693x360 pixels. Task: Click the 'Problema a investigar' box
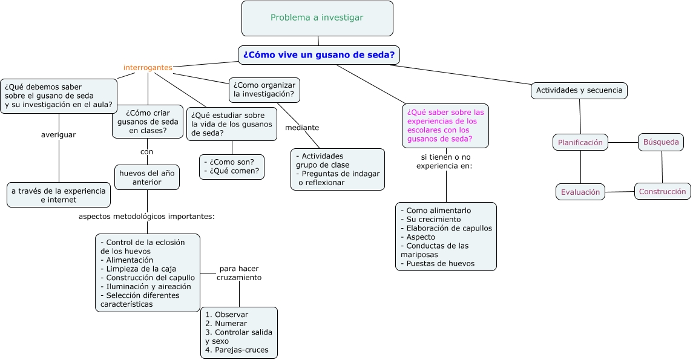tap(317, 18)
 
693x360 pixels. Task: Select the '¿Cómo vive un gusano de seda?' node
tap(319, 54)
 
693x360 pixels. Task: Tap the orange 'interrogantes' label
tap(148, 67)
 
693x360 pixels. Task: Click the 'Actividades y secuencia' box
tap(579, 91)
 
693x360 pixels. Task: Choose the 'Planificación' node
tap(580, 143)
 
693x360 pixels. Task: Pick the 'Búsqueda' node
tap(661, 143)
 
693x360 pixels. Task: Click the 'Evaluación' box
tap(580, 192)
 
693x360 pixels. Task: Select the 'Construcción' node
tap(662, 191)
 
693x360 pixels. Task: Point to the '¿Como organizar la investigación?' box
tap(264, 90)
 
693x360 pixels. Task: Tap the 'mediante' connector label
tap(302, 128)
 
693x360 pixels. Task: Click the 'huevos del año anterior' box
tap(147, 177)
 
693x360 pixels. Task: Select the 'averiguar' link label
tap(58, 135)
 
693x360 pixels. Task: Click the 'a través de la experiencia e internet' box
tap(59, 195)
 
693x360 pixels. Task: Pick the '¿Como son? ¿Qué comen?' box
tap(232, 166)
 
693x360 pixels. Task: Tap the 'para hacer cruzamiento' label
tap(239, 273)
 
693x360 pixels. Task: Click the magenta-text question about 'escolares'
tap(445, 125)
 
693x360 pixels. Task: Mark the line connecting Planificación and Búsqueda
tap(623, 143)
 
